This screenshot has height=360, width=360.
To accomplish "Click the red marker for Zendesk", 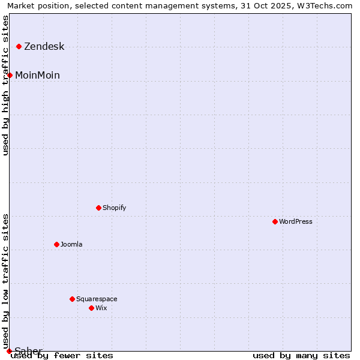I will (19, 46).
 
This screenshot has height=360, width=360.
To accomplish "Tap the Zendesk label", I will (44, 47).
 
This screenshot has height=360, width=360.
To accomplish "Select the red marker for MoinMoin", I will (10, 75).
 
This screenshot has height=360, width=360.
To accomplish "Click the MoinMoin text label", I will (37, 75).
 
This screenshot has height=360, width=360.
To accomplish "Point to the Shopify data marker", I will (99, 208).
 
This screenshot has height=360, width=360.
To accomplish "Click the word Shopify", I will (114, 208).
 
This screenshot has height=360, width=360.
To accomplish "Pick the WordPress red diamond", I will (275, 221).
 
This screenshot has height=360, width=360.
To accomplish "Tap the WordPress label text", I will (295, 221).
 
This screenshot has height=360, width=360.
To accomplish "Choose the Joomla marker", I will (57, 244).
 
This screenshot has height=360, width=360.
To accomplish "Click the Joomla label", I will (71, 244).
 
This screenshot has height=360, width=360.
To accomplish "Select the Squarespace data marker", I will (73, 299).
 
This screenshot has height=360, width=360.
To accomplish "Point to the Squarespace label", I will (97, 299).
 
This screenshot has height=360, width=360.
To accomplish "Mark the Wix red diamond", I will (92, 308).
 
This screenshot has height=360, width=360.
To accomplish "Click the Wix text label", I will (101, 308).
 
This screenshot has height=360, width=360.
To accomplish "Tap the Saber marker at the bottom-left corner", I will (9, 351).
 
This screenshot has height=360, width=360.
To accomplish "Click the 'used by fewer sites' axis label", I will (62, 355).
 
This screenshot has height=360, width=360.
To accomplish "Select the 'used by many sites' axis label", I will (301, 355).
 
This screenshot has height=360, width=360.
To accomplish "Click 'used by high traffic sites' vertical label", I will (5, 85).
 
